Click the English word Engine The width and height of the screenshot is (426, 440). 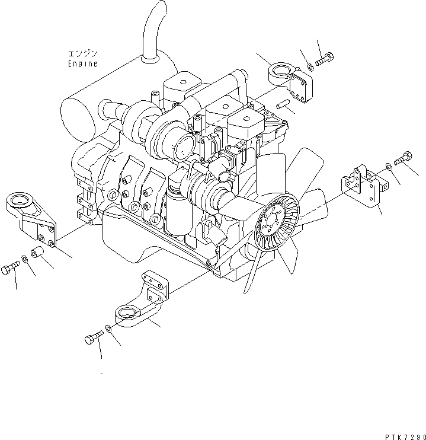pos(82,63)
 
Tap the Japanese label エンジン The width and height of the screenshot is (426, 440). pos(82,53)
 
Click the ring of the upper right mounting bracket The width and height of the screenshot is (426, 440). pos(278,75)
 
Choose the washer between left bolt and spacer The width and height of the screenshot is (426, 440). pos(24,260)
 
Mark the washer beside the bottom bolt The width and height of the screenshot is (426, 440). pos(108,329)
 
